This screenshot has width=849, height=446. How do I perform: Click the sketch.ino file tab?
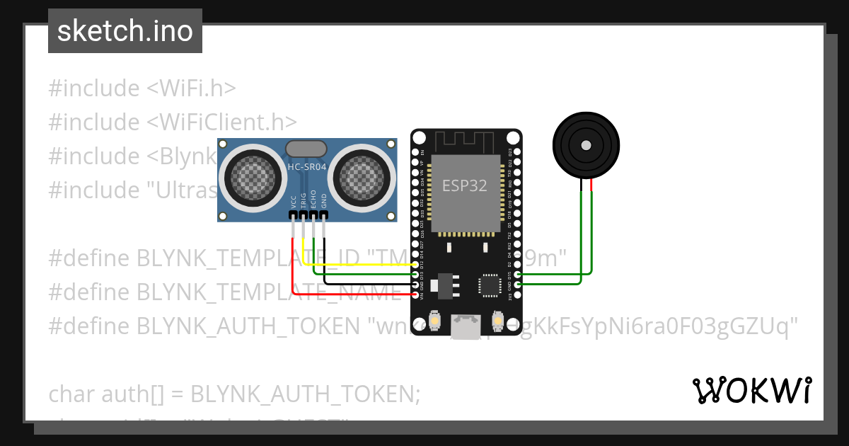pyautogui.click(x=125, y=31)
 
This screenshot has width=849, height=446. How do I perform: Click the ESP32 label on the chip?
pyautogui.click(x=465, y=186)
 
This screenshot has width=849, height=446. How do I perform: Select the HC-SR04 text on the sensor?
pyautogui.click(x=306, y=167)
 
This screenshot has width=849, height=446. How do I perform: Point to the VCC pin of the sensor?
pyautogui.click(x=293, y=214)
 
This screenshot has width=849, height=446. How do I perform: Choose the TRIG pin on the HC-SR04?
pyautogui.click(x=304, y=214)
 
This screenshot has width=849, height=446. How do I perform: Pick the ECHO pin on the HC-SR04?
pyautogui.click(x=313, y=214)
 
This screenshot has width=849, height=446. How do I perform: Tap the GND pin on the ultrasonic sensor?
pyautogui.click(x=324, y=214)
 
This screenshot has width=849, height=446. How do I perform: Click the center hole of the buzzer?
pyautogui.click(x=586, y=145)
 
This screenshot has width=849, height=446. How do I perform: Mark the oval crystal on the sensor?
pyautogui.click(x=306, y=149)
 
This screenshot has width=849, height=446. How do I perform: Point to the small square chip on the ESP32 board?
pyautogui.click(x=489, y=285)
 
